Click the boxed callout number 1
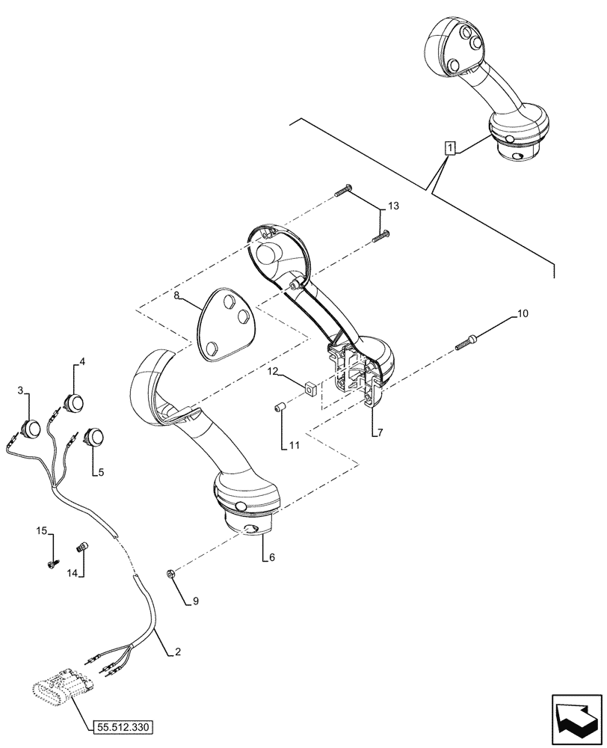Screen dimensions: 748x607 (449, 147)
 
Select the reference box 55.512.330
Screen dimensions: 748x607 (125, 726)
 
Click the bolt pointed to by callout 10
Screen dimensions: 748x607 (466, 343)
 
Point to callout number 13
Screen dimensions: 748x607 (394, 206)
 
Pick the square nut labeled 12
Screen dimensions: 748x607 (309, 387)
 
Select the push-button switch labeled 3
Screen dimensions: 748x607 (31, 429)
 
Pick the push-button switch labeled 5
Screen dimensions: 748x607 (96, 437)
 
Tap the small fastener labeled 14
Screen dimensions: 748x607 (83, 548)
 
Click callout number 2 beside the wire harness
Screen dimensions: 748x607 (177, 652)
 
